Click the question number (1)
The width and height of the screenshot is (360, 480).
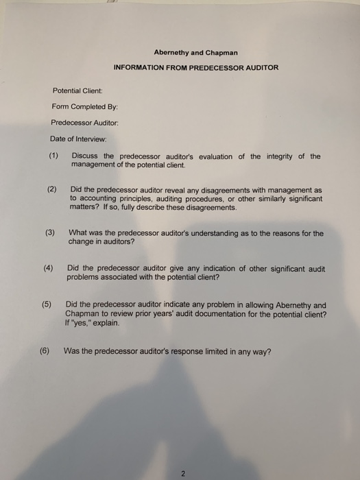click(x=54, y=156)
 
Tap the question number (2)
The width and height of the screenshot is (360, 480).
click(x=52, y=189)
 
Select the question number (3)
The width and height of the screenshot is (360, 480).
click(x=50, y=233)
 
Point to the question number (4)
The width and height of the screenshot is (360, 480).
click(x=48, y=268)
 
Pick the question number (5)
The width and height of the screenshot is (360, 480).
click(x=46, y=305)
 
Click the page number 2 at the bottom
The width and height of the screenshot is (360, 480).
click(x=183, y=472)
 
